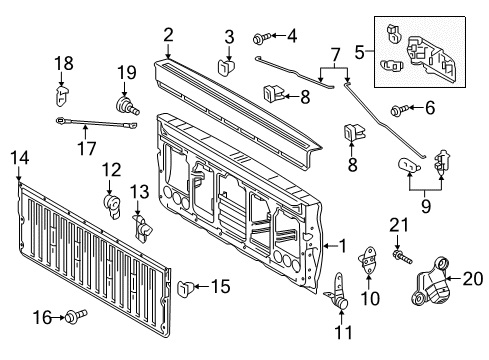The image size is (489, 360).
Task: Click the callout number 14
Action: tap(19, 156)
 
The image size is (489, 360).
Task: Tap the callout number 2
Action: tap(169, 34)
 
